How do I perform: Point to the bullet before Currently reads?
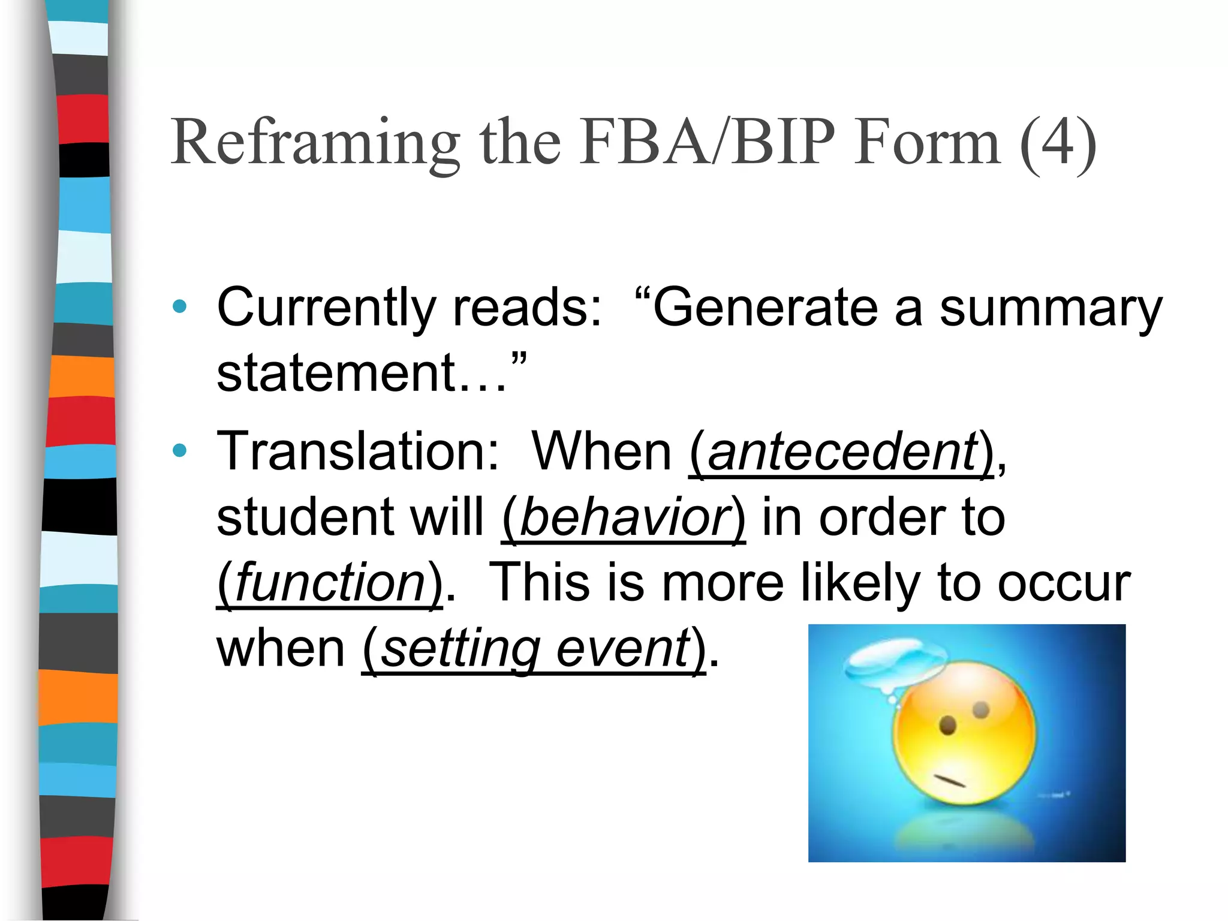click(x=179, y=307)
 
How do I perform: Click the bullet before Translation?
click(x=179, y=450)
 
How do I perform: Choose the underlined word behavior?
click(x=624, y=517)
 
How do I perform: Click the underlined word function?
click(x=330, y=582)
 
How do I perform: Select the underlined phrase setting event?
click(x=534, y=649)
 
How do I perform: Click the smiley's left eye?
click(x=947, y=726)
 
